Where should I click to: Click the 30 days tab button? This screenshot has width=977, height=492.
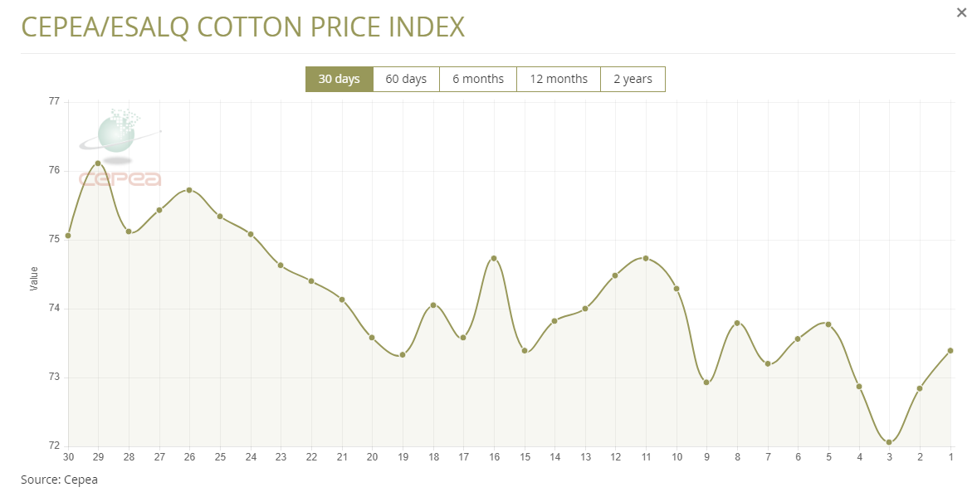click(339, 79)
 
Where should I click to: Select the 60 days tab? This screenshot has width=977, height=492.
click(406, 79)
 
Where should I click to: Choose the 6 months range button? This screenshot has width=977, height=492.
click(477, 79)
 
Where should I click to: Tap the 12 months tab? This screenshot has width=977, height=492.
click(558, 79)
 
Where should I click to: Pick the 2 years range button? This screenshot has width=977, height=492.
click(633, 79)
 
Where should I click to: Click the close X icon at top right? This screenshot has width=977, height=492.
click(961, 12)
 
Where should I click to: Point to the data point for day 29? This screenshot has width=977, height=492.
click(98, 163)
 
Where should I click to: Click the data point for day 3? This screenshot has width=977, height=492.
click(889, 442)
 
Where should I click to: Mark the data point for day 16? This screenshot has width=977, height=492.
click(494, 258)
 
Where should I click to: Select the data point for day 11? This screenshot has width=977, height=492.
click(646, 258)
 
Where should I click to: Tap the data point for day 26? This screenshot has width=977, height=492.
click(189, 190)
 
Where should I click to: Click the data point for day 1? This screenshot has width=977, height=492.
click(950, 350)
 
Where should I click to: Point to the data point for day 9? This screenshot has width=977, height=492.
click(706, 382)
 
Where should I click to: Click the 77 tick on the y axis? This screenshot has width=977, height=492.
click(54, 101)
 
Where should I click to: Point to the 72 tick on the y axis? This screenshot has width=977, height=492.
click(54, 446)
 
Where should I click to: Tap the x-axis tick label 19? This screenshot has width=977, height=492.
click(403, 457)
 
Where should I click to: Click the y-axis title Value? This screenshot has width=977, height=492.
click(34, 278)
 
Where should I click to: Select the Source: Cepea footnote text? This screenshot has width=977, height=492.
click(59, 480)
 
